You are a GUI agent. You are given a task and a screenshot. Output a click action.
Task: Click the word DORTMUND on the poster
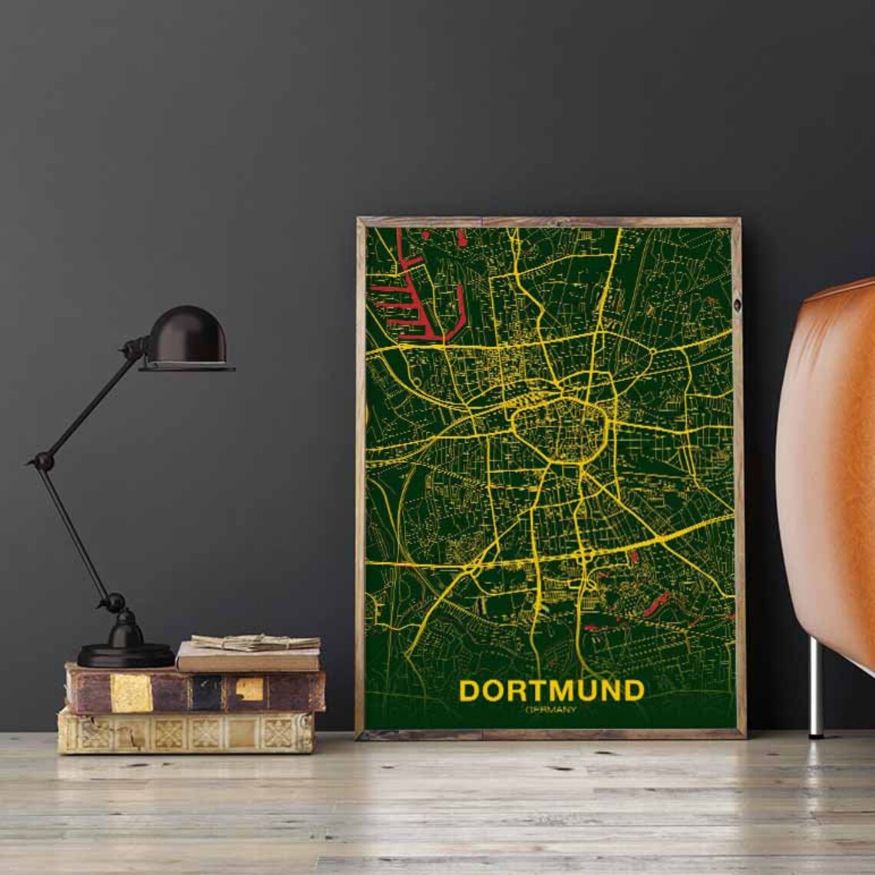551,691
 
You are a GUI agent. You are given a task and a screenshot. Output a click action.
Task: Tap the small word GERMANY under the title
551,710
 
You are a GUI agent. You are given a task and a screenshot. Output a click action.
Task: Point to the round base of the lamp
126,654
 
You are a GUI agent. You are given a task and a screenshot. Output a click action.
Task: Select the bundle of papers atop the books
256,642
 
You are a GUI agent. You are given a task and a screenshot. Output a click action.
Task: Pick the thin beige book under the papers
247,659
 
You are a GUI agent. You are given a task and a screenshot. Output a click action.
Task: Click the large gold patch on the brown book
131,692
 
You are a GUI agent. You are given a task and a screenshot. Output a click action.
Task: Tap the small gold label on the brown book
249,689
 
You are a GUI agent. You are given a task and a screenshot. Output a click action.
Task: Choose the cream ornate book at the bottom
186,732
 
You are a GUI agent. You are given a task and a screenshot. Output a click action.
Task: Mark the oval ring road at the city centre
560,429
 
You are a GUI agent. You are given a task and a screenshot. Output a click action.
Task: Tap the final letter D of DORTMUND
633,691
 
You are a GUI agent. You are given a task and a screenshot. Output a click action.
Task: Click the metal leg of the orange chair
815,687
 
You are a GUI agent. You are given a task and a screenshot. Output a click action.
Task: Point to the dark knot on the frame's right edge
737,305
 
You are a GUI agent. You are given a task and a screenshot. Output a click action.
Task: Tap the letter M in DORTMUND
560,691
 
